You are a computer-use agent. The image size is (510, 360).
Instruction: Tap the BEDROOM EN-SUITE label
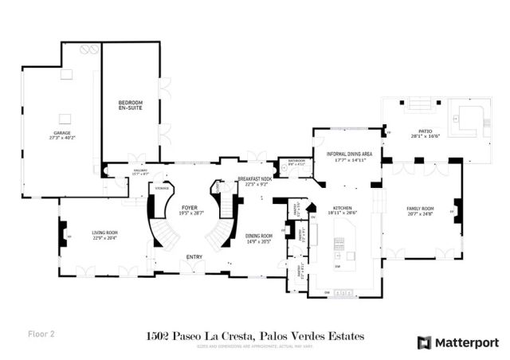130,105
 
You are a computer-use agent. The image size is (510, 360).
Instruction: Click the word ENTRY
194,257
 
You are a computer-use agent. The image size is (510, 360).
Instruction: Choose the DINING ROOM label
258,236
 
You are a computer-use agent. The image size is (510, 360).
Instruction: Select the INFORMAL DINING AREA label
347,153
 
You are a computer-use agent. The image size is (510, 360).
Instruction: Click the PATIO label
431,132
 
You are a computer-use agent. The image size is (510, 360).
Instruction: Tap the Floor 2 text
41,335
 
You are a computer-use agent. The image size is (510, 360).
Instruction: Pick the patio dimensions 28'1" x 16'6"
431,138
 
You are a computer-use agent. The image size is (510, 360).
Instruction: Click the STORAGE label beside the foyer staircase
162,189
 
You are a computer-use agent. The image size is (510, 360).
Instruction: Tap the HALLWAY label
140,171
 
